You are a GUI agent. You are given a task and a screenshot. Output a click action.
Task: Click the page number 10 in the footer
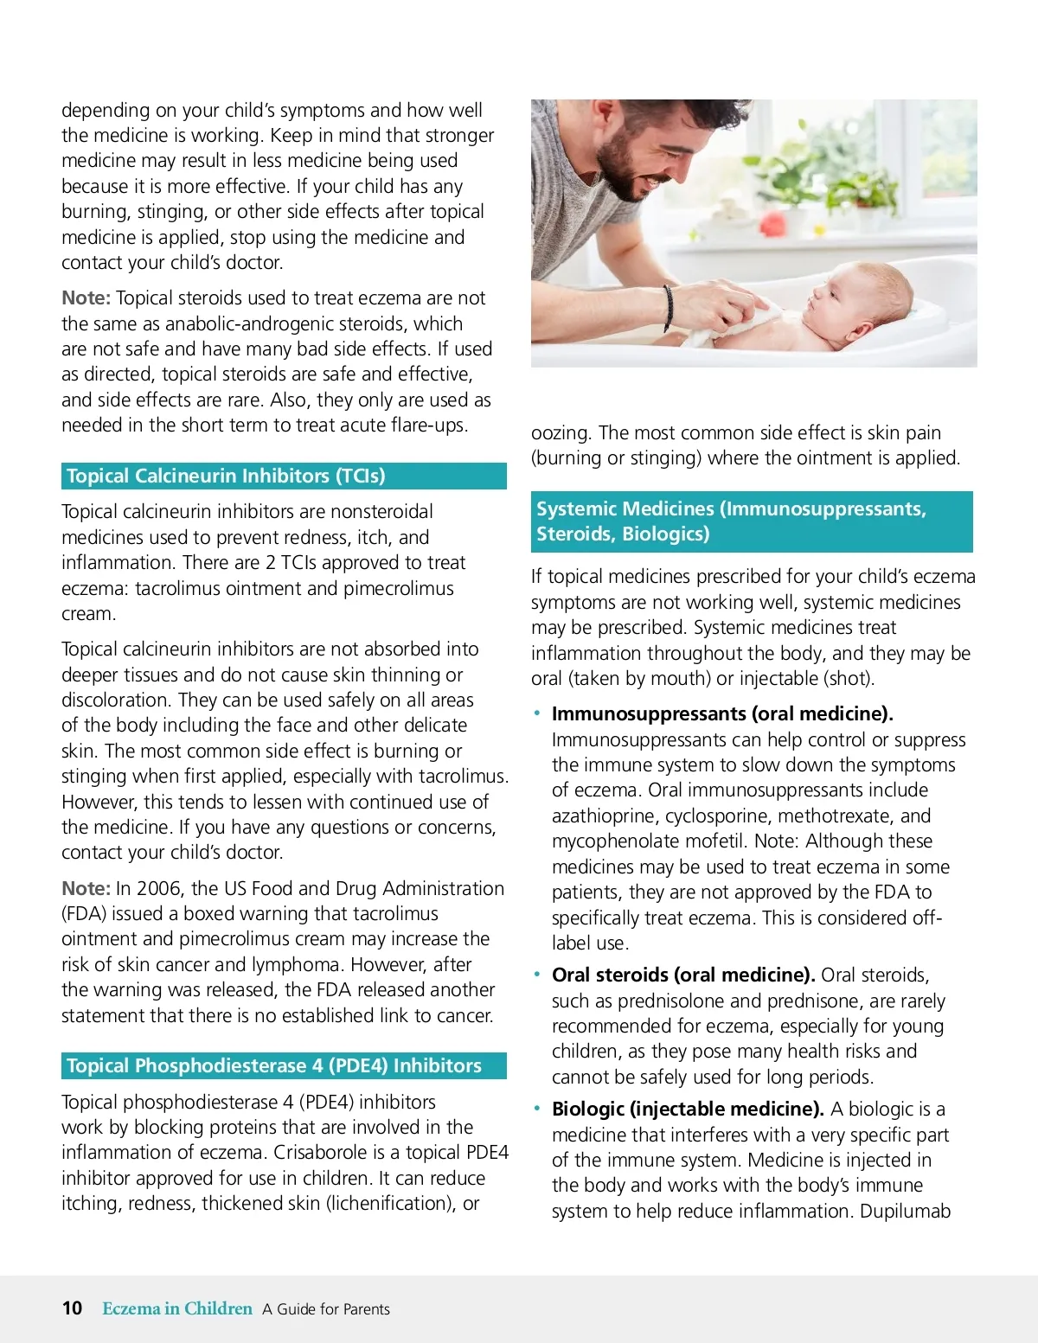pyautogui.click(x=72, y=1308)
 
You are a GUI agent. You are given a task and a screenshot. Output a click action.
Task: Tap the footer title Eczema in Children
pyautogui.click(x=177, y=1308)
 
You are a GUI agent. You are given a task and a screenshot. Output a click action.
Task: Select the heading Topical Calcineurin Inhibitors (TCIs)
pyautogui.click(x=226, y=476)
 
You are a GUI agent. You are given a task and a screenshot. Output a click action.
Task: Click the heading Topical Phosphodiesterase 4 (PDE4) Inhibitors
pyautogui.click(x=274, y=1065)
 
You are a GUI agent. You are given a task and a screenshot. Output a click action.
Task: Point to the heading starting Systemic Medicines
pyautogui.click(x=731, y=521)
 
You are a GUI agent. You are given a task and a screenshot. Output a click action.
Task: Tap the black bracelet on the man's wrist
pyautogui.click(x=669, y=308)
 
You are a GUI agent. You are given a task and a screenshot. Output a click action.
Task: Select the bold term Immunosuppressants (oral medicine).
pyautogui.click(x=722, y=713)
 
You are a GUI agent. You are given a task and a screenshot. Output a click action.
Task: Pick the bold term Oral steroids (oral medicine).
pyautogui.click(x=683, y=975)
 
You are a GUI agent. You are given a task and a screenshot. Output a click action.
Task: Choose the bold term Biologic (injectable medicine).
pyautogui.click(x=688, y=1109)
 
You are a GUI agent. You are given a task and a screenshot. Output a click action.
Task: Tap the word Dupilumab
pyautogui.click(x=905, y=1211)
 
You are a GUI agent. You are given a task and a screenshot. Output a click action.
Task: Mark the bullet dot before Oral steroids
pyautogui.click(x=537, y=975)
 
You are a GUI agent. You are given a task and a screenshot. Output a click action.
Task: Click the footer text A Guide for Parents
pyautogui.click(x=326, y=1309)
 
